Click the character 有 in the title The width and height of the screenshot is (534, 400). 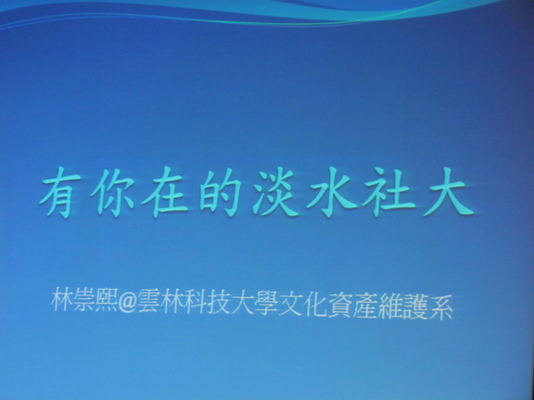tap(60, 193)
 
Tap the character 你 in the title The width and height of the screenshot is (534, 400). tap(112, 193)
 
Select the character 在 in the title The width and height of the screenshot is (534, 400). tap(165, 193)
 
